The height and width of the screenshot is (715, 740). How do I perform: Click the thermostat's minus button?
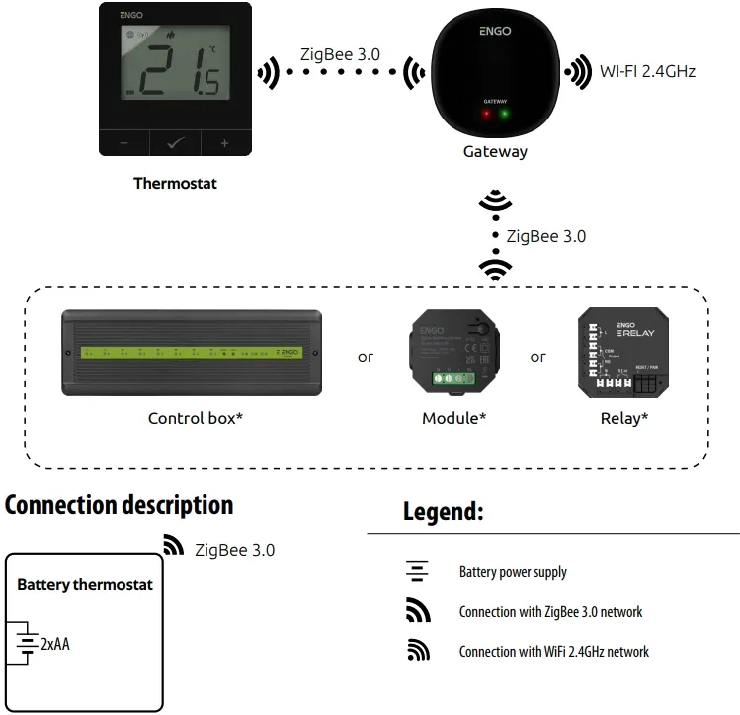click(x=124, y=143)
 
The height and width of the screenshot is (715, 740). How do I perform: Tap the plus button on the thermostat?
click(x=224, y=143)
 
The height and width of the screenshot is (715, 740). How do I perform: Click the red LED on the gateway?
click(x=485, y=114)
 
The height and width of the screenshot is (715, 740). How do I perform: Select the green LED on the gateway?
click(x=505, y=114)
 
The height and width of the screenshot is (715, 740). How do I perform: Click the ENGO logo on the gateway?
click(x=495, y=31)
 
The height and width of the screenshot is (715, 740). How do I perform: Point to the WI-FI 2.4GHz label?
click(x=647, y=71)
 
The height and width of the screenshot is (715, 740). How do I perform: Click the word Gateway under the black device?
click(x=495, y=152)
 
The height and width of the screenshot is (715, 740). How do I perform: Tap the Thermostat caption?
click(x=175, y=183)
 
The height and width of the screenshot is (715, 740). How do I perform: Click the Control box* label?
click(x=196, y=418)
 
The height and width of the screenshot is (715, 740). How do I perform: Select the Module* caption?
click(x=453, y=418)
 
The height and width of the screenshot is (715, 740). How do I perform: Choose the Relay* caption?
click(x=623, y=418)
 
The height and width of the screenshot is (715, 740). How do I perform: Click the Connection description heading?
click(x=120, y=505)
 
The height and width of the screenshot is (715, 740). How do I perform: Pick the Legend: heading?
click(x=443, y=512)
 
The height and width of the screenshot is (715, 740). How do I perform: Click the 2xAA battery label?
click(x=55, y=644)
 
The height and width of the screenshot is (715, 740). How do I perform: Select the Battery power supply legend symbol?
click(x=418, y=572)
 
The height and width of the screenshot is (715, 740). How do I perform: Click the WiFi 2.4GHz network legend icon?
click(x=418, y=652)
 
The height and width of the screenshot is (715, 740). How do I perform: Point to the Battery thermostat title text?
click(x=85, y=585)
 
